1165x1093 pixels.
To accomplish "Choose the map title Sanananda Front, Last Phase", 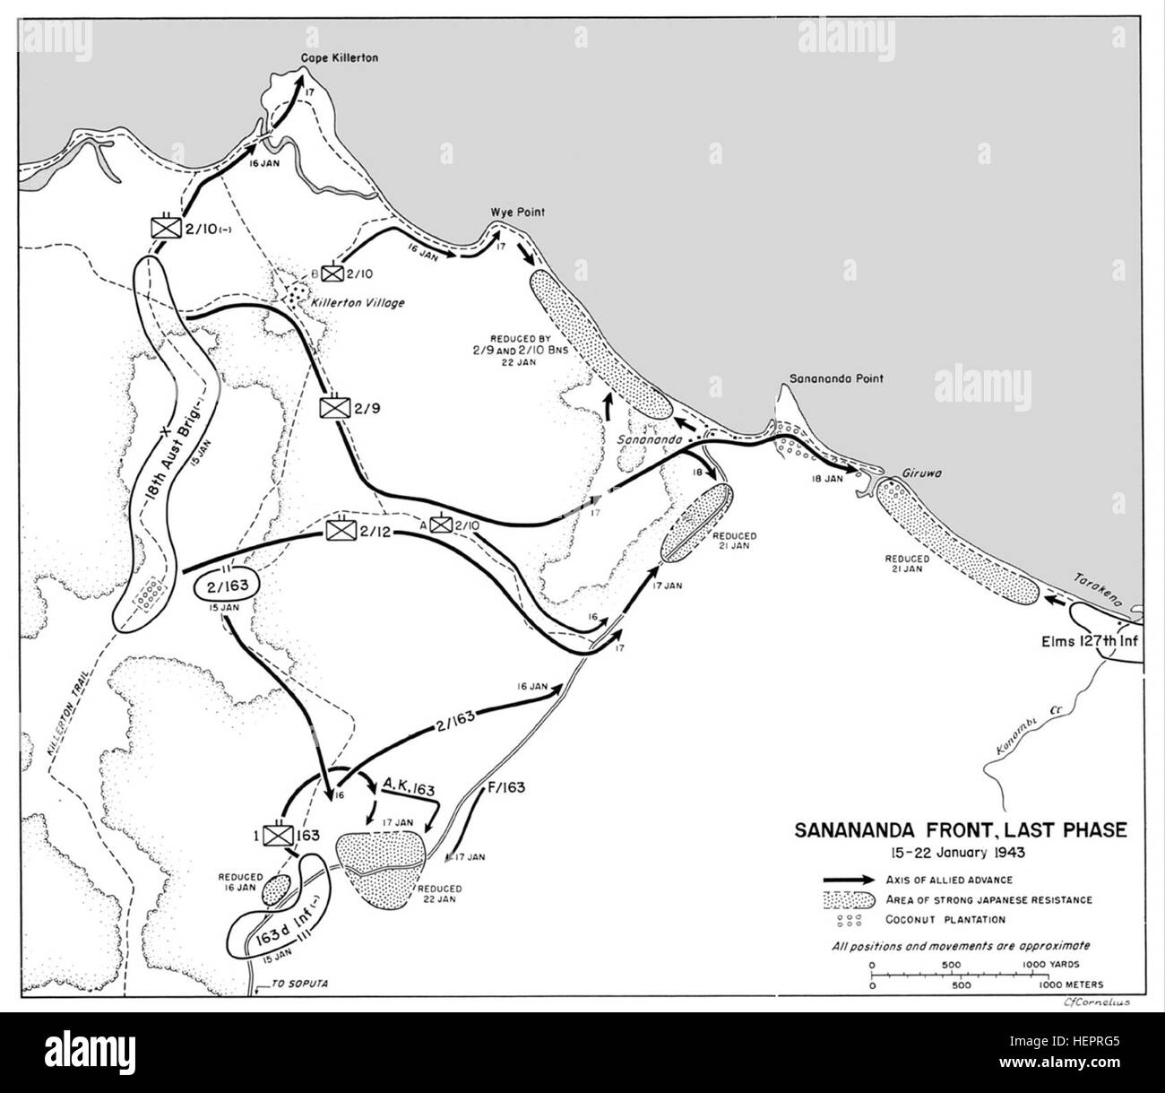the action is [959, 830].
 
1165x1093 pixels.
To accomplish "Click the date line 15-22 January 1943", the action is [959, 852].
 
